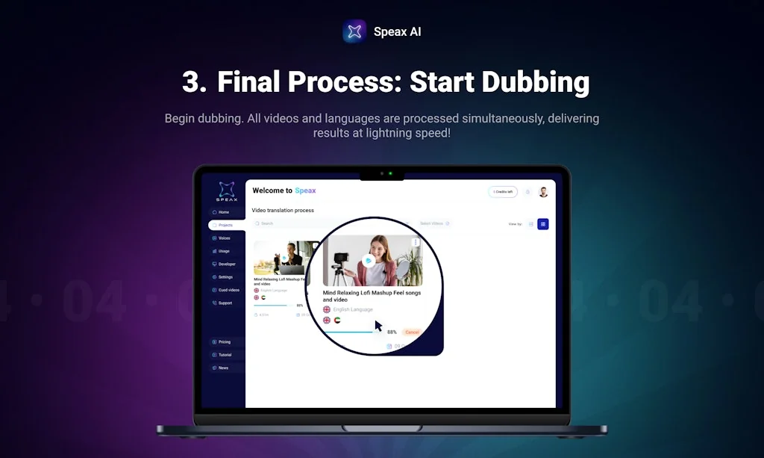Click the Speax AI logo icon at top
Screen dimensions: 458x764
tap(354, 31)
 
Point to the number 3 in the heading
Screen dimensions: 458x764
tap(194, 82)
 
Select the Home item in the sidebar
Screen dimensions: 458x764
tap(223, 212)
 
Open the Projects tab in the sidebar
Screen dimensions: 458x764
tap(225, 225)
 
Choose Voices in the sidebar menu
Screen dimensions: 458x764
tap(224, 238)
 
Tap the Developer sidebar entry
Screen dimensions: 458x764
tap(227, 264)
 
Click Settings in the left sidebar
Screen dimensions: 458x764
tap(225, 277)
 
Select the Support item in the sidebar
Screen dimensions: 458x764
tap(225, 303)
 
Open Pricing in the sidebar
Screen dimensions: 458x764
tap(224, 342)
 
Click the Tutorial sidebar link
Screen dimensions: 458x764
tap(225, 355)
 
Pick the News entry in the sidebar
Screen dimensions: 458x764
tap(223, 368)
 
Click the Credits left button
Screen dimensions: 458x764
tap(503, 192)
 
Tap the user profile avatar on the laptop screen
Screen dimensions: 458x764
tap(543, 192)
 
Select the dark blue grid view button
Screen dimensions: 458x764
tap(543, 224)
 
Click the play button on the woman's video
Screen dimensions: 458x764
tap(368, 261)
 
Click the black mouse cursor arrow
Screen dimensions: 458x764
tap(378, 326)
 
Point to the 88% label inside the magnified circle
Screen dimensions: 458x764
tap(392, 332)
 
